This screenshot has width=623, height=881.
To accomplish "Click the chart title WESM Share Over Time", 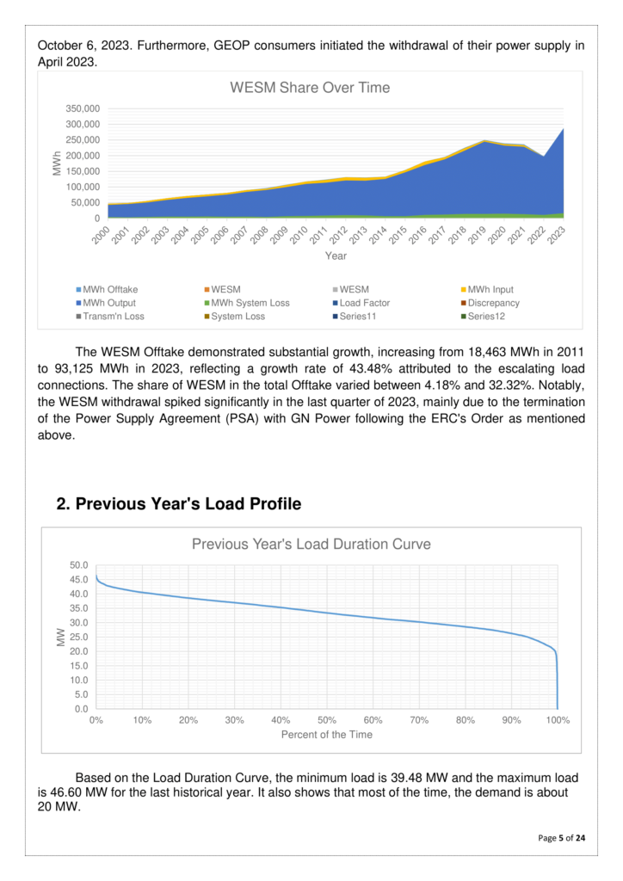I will (x=309, y=88).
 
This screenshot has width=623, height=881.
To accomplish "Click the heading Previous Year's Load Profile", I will (x=178, y=504).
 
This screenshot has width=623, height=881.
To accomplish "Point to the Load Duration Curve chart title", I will (x=311, y=544).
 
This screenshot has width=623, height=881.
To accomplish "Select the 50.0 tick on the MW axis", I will (x=79, y=565).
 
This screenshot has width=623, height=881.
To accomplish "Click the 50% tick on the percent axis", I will (x=327, y=720).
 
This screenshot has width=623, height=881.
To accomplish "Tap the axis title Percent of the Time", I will (x=327, y=735).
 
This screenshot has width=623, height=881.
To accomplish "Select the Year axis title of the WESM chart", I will (x=336, y=256).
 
